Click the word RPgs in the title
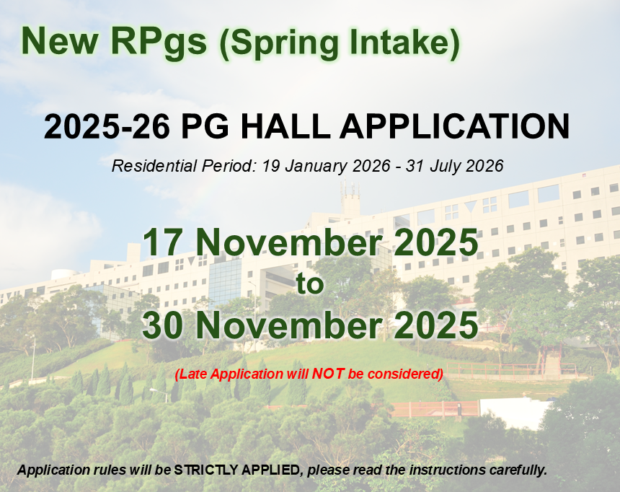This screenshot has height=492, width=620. pyautogui.click(x=159, y=43)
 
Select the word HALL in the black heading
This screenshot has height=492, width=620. pyautogui.click(x=285, y=126)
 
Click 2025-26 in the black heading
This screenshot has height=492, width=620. pyautogui.click(x=107, y=126)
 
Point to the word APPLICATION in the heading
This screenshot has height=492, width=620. pyautogui.click(x=454, y=126)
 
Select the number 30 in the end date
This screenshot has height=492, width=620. pyautogui.click(x=162, y=325)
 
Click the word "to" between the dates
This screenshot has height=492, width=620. pyautogui.click(x=310, y=284)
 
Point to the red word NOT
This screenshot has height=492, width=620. pyautogui.click(x=328, y=373)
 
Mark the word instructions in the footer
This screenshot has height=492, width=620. pyautogui.click(x=447, y=470)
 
